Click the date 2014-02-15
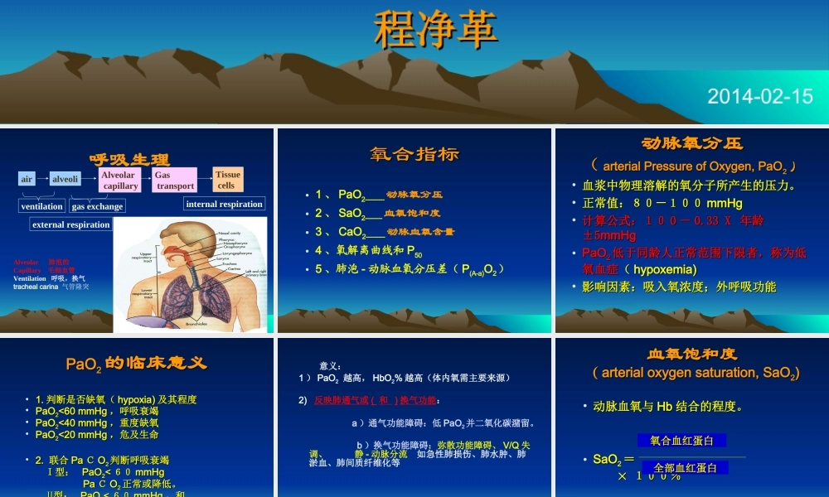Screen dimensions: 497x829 [760, 96]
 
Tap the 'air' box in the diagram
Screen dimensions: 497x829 [27, 179]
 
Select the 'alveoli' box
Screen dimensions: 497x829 [65, 179]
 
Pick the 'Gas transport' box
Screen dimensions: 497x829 [174, 181]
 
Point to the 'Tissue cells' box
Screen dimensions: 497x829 [228, 180]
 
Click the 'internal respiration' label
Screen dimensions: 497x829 [224, 205]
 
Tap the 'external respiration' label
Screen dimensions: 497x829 [70, 224]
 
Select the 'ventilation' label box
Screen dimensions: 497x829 [41, 206]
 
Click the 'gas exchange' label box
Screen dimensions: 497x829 [98, 206]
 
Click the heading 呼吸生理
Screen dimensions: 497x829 [129, 160]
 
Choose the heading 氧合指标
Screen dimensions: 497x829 [414, 154]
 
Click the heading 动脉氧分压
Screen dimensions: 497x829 [692, 143]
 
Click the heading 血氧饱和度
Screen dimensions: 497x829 [692, 354]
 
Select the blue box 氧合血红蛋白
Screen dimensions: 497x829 [681, 441]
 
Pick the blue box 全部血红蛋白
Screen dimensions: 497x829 [685, 468]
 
